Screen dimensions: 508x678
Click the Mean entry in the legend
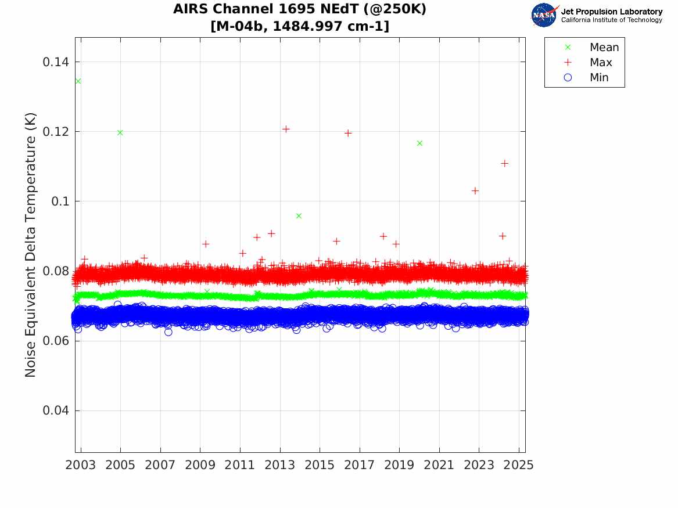pos(604,48)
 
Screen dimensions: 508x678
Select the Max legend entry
pos(601,63)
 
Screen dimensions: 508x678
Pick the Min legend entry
pos(599,78)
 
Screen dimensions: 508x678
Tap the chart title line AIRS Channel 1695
pos(300,10)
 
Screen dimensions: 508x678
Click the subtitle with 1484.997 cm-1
pos(300,26)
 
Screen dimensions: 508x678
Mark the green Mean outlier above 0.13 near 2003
pos(78,81)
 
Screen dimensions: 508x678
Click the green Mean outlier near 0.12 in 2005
pos(120,132)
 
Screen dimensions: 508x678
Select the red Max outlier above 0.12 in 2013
pos(286,129)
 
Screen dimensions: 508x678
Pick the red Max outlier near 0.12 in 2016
pos(348,133)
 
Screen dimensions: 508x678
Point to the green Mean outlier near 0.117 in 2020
pos(419,143)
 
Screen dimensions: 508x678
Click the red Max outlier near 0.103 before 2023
pos(475,190)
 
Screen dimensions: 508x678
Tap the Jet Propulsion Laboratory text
pos(611,12)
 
